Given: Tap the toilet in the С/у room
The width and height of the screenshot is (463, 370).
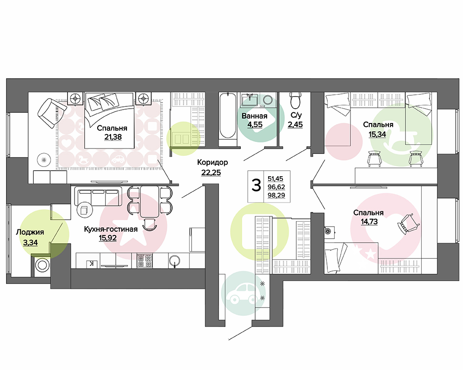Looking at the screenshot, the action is pos(295,100).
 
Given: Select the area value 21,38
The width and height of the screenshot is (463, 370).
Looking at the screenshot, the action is pos(113,137).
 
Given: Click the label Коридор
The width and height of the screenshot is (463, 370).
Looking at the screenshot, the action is pos(213,162).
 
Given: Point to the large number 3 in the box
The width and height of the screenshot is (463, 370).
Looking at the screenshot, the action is pos(256,185).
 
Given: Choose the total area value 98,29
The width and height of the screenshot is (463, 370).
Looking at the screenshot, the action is pos(276,195).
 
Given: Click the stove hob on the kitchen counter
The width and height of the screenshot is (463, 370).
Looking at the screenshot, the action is pos(144,260).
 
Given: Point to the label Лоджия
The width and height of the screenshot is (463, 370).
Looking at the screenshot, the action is pos(30,232).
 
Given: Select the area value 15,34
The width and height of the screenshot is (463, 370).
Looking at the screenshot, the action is pos(377,134).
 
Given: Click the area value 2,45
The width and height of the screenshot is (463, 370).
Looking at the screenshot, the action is pos(295,124).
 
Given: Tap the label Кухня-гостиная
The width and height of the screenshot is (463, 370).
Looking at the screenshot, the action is pos(111,229).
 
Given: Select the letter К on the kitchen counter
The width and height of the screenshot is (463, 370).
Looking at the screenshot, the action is pos(92,264).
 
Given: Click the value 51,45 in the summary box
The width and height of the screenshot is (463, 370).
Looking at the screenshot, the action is pos(275,179).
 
